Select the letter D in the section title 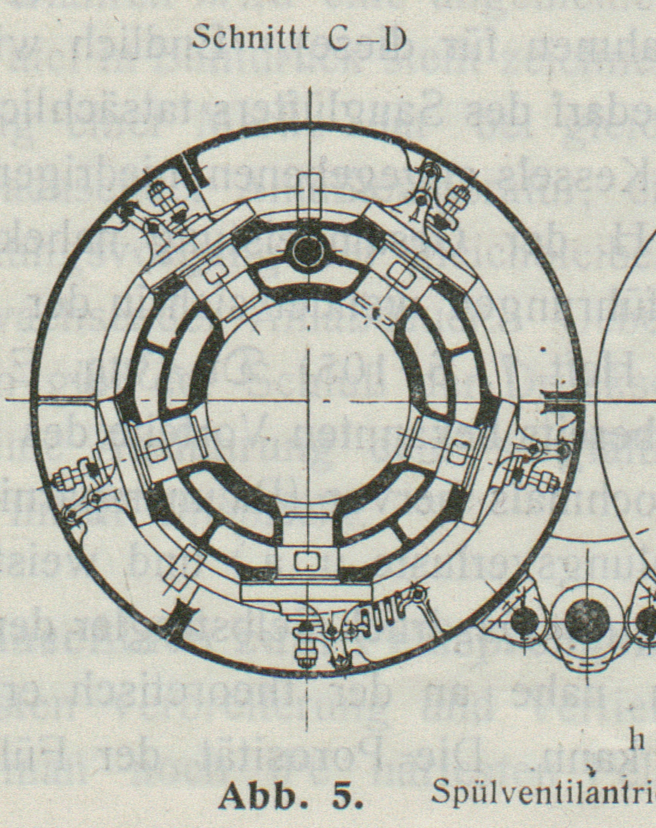click(395, 40)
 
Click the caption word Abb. click(256, 796)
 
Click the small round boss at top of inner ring click(308, 252)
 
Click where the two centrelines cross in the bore click(309, 399)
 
